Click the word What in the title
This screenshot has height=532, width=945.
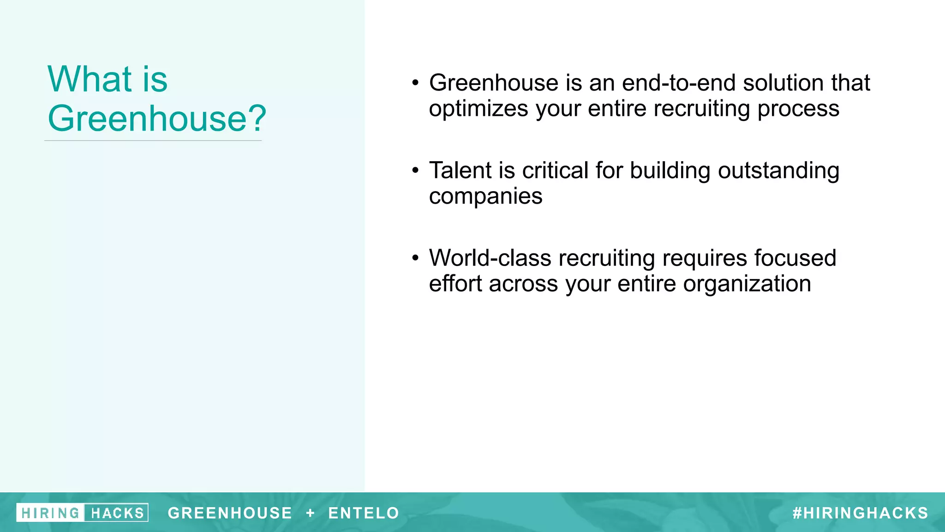(x=90, y=79)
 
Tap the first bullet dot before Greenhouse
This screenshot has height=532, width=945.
(x=415, y=84)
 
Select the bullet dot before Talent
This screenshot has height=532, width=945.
(x=415, y=171)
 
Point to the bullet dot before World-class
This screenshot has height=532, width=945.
(x=415, y=258)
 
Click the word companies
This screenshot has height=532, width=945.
(x=485, y=197)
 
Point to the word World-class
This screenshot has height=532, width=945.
(x=490, y=258)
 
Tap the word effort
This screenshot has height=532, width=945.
(x=455, y=284)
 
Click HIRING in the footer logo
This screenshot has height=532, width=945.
(x=50, y=513)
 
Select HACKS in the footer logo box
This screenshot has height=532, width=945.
(x=117, y=513)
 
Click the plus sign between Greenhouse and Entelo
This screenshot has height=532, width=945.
(x=310, y=513)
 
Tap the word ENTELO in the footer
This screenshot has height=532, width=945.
(x=364, y=513)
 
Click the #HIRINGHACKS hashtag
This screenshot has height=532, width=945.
(x=860, y=513)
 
